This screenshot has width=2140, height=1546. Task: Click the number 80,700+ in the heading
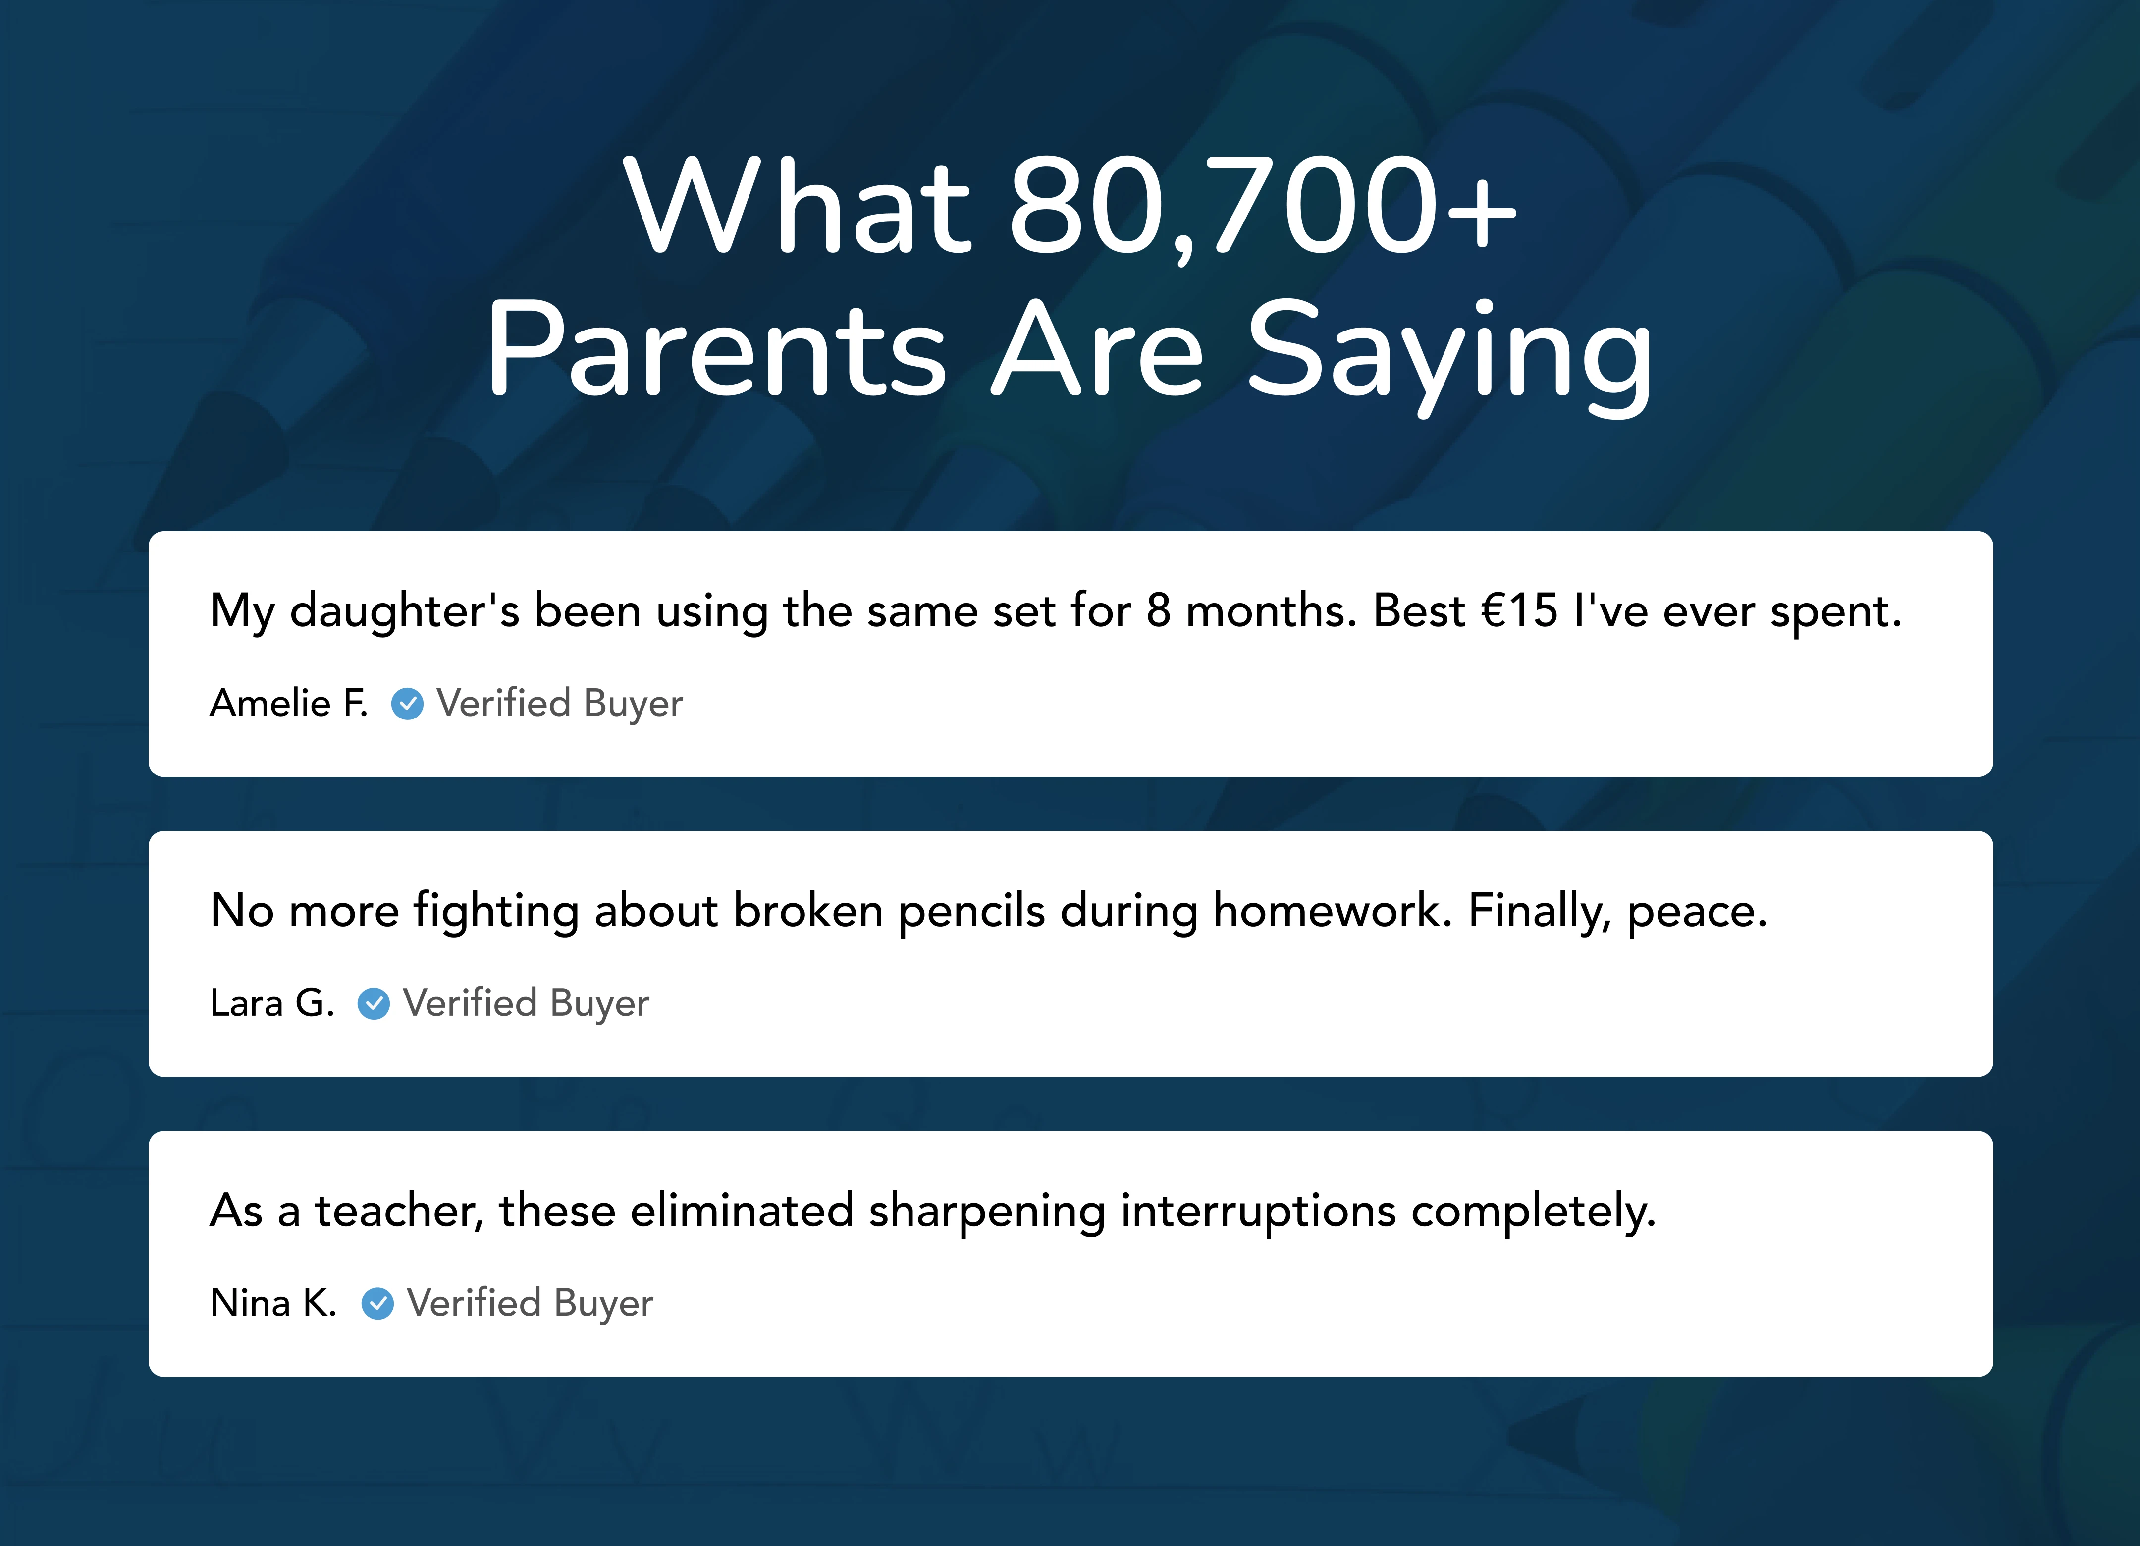pos(1263,206)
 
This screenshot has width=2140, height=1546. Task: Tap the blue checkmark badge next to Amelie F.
pos(408,703)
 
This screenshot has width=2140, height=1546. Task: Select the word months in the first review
pos(1270,611)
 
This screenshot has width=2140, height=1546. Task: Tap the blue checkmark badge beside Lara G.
pos(374,1003)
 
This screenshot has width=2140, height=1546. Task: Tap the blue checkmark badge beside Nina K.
pos(377,1303)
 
